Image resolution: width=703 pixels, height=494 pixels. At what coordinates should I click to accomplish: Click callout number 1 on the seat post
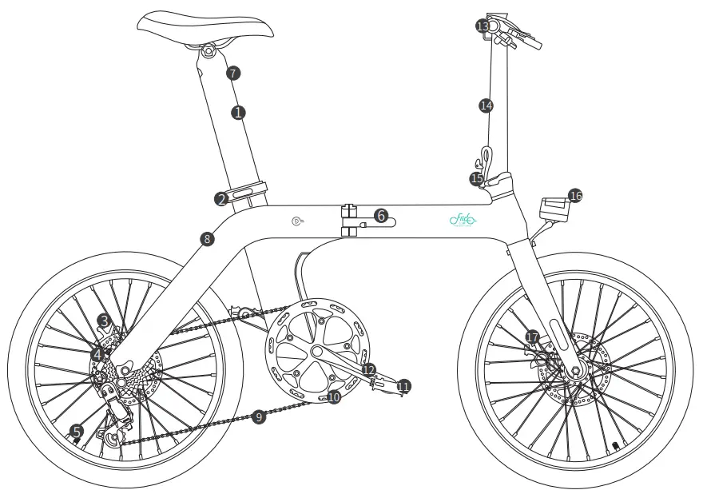tap(237, 112)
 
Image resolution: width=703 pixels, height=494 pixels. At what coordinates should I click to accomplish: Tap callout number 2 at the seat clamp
tap(221, 199)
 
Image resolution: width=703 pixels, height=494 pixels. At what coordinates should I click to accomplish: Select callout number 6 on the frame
tap(381, 216)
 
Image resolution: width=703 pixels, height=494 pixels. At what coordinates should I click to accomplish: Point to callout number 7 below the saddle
tap(232, 73)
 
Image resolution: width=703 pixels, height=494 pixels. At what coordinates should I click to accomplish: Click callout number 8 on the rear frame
tap(207, 238)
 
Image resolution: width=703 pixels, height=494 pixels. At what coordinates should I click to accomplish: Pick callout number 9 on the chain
tap(258, 416)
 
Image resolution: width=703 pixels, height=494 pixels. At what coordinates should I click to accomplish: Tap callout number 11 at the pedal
tap(403, 386)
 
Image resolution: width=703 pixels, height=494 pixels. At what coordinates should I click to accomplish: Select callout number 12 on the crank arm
tap(368, 369)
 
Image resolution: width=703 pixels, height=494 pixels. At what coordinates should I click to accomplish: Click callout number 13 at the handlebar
tap(483, 26)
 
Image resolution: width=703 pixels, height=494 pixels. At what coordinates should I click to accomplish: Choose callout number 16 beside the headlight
tap(575, 195)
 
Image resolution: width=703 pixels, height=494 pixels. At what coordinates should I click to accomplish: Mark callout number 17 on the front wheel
tap(533, 337)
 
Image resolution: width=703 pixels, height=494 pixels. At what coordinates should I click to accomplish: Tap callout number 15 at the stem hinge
tap(477, 179)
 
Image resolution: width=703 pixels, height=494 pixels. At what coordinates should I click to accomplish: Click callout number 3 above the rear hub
tap(104, 321)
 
